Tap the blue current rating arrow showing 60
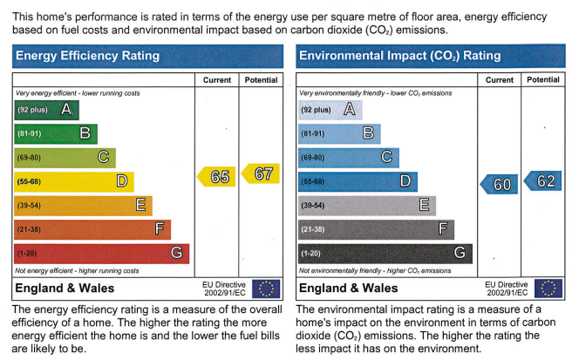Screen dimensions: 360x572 coord(500,184)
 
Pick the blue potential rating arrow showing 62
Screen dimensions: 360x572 coord(544,181)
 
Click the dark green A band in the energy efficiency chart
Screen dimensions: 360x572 coord(46,110)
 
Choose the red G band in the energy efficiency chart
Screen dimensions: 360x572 coord(101,253)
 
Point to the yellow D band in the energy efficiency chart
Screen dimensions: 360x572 coord(73,181)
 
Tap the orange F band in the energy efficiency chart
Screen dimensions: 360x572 coord(92,229)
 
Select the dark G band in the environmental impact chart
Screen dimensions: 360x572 coord(385,254)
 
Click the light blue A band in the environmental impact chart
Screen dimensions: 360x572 coord(330,110)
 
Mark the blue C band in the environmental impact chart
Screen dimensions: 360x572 coord(348,158)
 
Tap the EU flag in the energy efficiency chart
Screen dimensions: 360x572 coord(266,289)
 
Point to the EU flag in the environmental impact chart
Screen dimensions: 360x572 coord(548,289)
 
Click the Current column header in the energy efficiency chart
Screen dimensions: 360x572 coord(217,80)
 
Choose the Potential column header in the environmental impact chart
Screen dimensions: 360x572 coord(542,80)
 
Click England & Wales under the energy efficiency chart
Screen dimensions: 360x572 coord(65,289)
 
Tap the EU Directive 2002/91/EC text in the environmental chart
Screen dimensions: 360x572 coord(507,289)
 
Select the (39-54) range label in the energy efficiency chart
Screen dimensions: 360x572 coord(31,206)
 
